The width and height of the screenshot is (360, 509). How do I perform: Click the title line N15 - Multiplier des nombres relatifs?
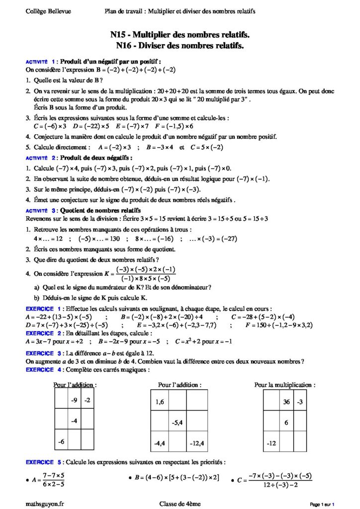pos(180,35)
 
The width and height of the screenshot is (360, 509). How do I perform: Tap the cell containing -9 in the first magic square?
pos(74,400)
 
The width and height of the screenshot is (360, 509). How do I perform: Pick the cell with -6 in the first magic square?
pos(61,441)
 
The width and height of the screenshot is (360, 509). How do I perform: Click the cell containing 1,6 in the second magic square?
pos(160,402)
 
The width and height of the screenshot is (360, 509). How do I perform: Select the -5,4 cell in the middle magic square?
pos(179,422)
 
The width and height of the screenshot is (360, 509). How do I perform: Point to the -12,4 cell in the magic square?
pos(197,442)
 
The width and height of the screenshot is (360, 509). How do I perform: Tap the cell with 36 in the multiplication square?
pos(286,402)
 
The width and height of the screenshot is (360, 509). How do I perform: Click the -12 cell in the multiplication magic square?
pos(271,442)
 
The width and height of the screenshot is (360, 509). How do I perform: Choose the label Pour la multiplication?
pos(284,385)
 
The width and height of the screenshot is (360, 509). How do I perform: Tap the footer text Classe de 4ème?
pos(180,504)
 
